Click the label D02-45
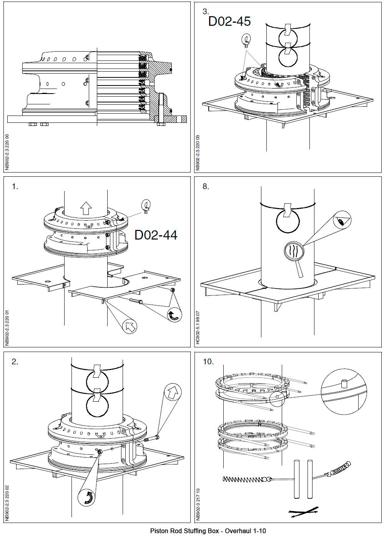point(229,21)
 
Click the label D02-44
point(156,235)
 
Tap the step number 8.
point(206,187)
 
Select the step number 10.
point(208,362)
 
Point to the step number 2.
point(15,362)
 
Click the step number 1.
point(15,187)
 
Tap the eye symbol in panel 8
point(342,221)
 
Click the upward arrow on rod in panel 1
point(86,208)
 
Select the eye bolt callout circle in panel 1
point(146,204)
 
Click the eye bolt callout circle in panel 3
point(246,39)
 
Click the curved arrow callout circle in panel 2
point(88,496)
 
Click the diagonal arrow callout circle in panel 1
point(130,327)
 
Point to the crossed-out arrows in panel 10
point(304,512)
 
